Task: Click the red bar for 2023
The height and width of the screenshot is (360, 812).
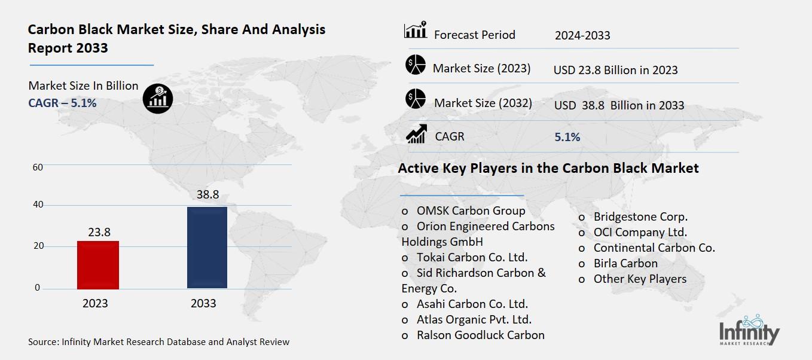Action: point(98,265)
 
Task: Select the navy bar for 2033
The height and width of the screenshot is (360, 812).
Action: point(207,248)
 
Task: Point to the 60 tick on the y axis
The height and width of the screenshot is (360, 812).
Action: point(38,167)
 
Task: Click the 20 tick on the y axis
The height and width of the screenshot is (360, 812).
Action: point(38,246)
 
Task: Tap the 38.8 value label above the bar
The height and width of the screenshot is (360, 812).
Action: point(207,195)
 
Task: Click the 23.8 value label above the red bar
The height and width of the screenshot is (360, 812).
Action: point(99,232)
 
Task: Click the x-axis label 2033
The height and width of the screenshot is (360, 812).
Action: point(203,303)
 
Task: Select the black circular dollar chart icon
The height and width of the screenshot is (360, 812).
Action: point(158,97)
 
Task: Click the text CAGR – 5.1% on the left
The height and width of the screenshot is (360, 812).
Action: point(62,103)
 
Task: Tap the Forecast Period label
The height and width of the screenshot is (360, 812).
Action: point(474,35)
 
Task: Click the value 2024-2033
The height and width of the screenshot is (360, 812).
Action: point(582,35)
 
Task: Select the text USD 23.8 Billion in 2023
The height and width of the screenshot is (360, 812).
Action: point(615,70)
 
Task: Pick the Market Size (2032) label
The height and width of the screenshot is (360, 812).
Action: point(483,103)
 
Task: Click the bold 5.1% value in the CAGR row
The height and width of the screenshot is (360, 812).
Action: point(567,137)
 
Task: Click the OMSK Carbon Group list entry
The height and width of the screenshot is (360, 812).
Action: point(471,210)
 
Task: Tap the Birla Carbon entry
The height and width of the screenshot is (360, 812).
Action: point(625,263)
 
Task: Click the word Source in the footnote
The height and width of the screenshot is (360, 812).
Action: point(43,342)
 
